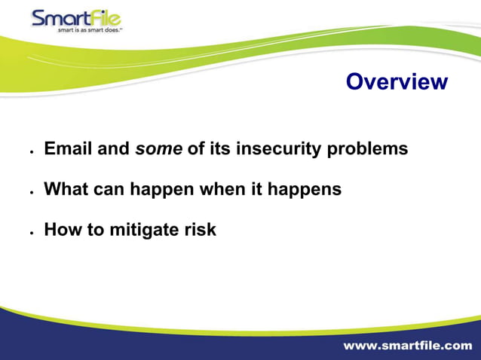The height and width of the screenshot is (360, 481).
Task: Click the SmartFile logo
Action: (x=75, y=18)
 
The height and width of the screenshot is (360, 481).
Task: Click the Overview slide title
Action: (x=397, y=82)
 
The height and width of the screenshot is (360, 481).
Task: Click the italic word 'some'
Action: (x=158, y=148)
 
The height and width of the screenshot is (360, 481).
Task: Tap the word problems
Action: (x=367, y=149)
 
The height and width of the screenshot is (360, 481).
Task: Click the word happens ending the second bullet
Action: (x=305, y=190)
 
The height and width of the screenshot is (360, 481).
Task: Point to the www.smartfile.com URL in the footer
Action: (x=407, y=346)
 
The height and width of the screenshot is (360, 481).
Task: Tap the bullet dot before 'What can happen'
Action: (x=31, y=192)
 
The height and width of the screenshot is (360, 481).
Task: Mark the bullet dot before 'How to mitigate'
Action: (x=31, y=233)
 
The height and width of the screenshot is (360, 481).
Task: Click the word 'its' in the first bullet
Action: (x=219, y=148)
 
